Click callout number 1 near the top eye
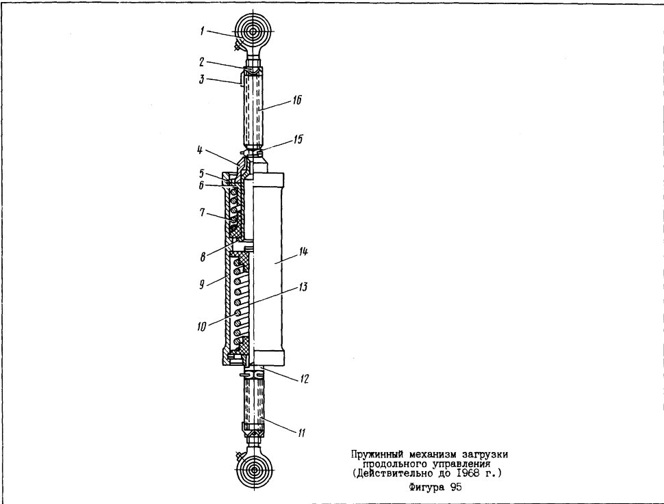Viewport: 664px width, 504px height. tap(203, 31)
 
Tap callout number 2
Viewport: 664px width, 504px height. tap(202, 62)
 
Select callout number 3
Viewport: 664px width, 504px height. tap(202, 79)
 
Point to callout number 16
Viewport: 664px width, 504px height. tap(297, 100)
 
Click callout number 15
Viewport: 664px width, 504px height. tap(298, 140)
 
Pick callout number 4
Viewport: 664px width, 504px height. tap(200, 150)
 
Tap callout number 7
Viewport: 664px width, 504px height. tap(203, 211)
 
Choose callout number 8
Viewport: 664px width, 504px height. tap(203, 256)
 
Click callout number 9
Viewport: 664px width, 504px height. tap(202, 284)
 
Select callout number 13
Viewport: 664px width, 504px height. tap(303, 287)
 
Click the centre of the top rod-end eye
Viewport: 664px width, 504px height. tap(254, 31)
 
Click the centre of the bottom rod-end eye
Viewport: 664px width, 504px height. tap(254, 470)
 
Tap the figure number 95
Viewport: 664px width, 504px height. tap(456, 487)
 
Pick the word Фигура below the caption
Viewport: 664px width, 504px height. tap(427, 488)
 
